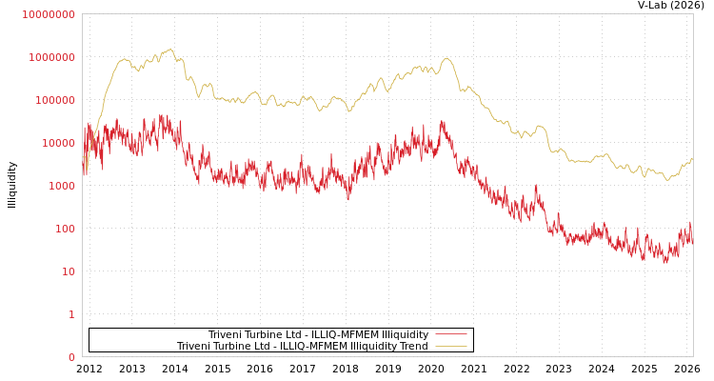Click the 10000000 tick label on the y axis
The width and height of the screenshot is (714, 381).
[49, 14]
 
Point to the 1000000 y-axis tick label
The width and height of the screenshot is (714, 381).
[51, 57]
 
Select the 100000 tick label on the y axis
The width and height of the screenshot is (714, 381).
[54, 100]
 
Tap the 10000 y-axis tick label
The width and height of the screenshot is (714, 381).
[57, 143]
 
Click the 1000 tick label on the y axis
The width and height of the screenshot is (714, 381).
[60, 186]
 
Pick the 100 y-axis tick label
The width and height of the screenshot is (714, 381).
[64, 229]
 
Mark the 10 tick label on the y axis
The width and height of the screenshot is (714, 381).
[69, 271]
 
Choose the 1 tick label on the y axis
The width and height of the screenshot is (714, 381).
[71, 314]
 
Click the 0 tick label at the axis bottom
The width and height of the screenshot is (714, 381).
[71, 357]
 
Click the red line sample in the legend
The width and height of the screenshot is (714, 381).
[450, 334]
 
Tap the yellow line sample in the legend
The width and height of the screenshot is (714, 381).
[450, 346]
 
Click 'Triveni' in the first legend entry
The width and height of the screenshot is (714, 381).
[227, 334]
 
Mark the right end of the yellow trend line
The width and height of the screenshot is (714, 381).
[692, 159]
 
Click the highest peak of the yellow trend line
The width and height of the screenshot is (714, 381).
[170, 49]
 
